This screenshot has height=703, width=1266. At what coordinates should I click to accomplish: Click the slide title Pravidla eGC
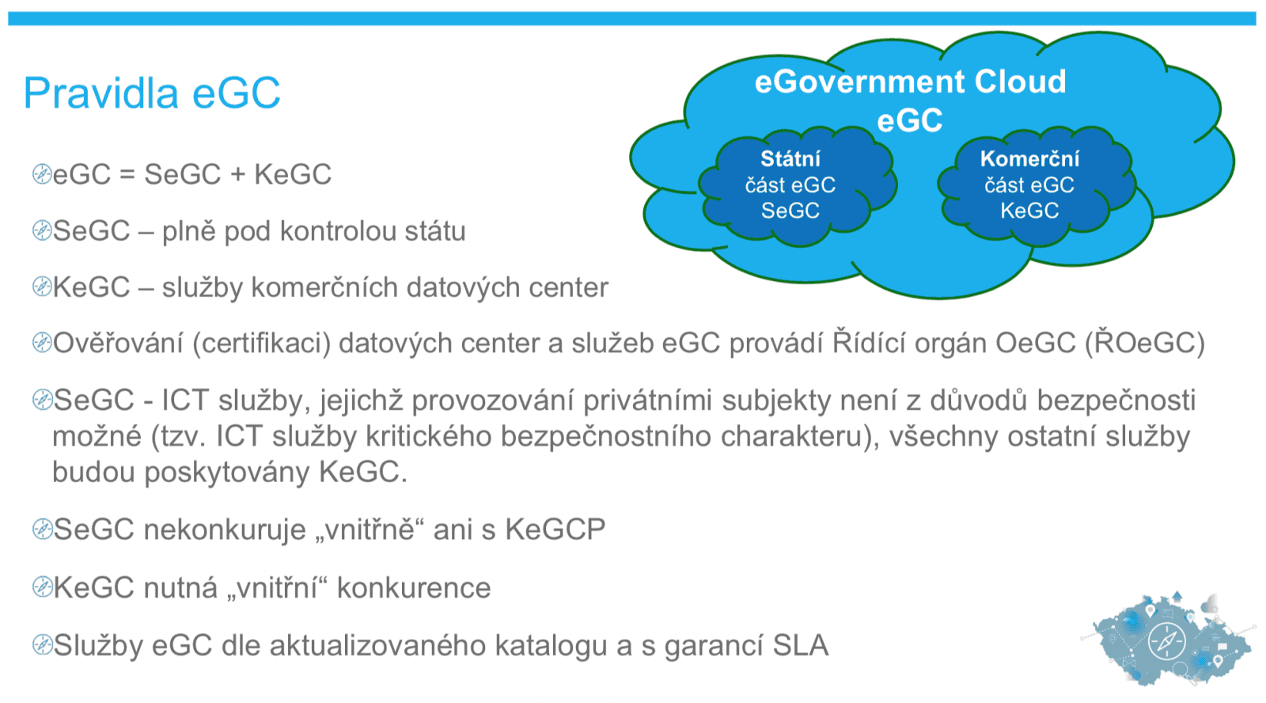[152, 93]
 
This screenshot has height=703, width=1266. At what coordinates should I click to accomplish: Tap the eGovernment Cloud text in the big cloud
[910, 82]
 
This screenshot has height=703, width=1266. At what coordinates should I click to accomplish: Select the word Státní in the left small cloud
[790, 158]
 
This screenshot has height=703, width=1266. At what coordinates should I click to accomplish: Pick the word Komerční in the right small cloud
[1029, 158]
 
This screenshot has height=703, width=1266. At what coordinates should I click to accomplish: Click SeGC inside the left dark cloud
[790, 211]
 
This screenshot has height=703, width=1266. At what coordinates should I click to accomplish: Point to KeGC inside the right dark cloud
[1029, 211]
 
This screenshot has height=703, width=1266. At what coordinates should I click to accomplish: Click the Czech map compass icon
[1166, 640]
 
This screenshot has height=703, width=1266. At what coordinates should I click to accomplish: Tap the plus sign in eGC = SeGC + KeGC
[237, 175]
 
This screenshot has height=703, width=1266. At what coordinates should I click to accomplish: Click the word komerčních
[305, 287]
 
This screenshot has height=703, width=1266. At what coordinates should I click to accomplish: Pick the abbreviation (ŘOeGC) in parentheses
[1144, 344]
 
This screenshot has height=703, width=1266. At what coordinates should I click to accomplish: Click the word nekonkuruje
[224, 529]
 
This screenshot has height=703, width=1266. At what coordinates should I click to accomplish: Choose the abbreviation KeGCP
[555, 529]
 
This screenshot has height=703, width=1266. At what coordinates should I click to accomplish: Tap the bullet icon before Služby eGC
[41, 645]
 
